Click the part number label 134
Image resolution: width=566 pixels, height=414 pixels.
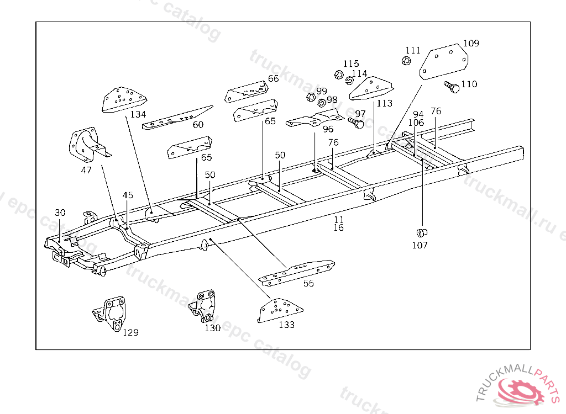point(138,114)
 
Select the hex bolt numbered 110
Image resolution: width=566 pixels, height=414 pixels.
point(452,87)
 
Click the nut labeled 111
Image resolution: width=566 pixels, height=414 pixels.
point(405,61)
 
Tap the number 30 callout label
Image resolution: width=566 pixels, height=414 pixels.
point(60,213)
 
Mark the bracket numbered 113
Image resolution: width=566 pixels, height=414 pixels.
point(372,88)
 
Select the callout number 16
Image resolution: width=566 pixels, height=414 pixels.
point(339,227)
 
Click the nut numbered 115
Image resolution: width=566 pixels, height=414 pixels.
point(339,74)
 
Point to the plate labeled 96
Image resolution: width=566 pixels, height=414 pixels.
point(313,120)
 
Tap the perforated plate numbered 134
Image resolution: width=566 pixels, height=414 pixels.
point(123,99)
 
